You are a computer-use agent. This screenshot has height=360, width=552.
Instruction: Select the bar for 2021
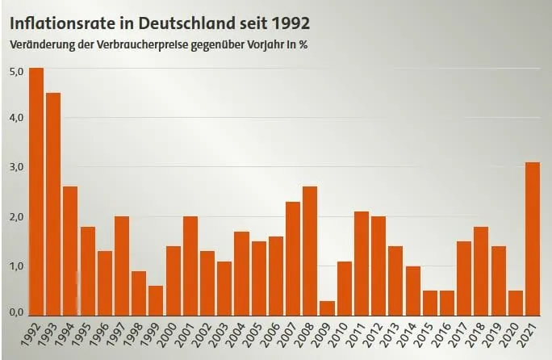[x=533, y=239]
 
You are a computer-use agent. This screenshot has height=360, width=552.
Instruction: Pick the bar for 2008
[x=311, y=251]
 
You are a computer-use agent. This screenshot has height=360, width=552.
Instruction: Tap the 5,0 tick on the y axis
[x=16, y=71]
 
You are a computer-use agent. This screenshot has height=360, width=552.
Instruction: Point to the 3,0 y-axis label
[x=16, y=168]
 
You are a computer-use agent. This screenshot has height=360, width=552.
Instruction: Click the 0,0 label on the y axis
[x=16, y=312]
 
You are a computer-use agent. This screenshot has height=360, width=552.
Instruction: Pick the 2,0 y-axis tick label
[x=16, y=217]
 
